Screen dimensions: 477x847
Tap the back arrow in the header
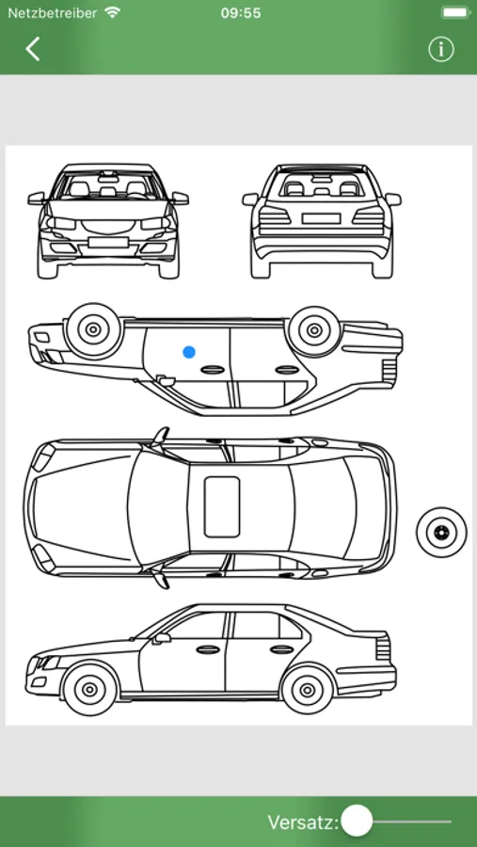click(x=32, y=49)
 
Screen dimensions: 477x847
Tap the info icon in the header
click(x=441, y=49)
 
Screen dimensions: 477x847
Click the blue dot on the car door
click(x=188, y=352)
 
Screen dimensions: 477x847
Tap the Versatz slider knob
click(x=358, y=821)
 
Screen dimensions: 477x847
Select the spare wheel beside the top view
click(x=441, y=532)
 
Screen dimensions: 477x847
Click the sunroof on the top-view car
click(x=221, y=506)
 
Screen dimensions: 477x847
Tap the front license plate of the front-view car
click(x=108, y=242)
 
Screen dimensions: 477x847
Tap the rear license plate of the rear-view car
click(x=321, y=218)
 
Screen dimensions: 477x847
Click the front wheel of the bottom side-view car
click(x=89, y=689)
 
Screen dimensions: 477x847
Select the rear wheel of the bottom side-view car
click(x=308, y=689)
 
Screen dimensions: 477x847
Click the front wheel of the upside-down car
click(x=93, y=329)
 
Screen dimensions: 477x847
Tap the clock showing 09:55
click(x=241, y=13)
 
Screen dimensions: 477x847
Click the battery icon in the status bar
click(x=454, y=12)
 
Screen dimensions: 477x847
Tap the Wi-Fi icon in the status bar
click(x=113, y=12)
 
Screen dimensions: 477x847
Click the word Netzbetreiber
click(x=52, y=12)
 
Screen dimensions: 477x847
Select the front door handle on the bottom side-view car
click(x=208, y=649)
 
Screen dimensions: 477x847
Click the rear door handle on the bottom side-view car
click(x=282, y=649)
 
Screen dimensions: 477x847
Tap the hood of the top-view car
click(x=81, y=506)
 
